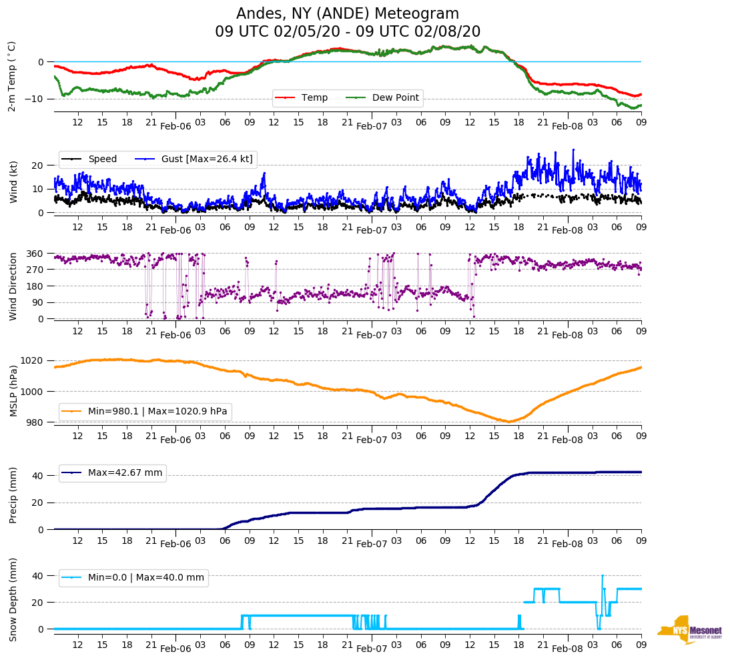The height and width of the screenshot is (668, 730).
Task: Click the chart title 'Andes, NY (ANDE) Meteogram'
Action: click(x=348, y=14)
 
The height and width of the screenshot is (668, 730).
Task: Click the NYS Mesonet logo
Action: click(x=690, y=630)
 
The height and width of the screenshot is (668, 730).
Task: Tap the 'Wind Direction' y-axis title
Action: click(x=13, y=286)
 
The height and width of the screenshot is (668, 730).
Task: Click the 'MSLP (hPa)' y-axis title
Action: click(x=13, y=390)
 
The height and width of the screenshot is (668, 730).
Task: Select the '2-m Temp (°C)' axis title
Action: click(x=11, y=76)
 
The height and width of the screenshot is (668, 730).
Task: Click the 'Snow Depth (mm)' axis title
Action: click(x=13, y=599)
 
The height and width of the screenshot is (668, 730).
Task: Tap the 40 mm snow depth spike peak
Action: click(x=603, y=575)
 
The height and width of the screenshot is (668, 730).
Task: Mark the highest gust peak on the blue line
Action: click(x=573, y=149)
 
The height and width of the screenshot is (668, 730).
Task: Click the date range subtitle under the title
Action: click(x=348, y=32)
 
